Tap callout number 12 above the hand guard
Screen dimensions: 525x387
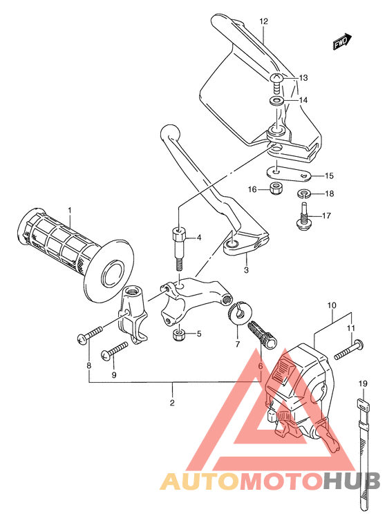(263, 21)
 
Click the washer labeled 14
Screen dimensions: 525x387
(276, 102)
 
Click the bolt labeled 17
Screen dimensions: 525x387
(303, 213)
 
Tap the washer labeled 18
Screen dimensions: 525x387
(304, 193)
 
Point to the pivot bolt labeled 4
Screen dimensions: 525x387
(179, 245)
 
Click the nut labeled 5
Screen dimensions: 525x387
(178, 336)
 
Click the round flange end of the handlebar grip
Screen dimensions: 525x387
(110, 271)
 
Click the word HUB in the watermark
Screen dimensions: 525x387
(350, 481)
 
